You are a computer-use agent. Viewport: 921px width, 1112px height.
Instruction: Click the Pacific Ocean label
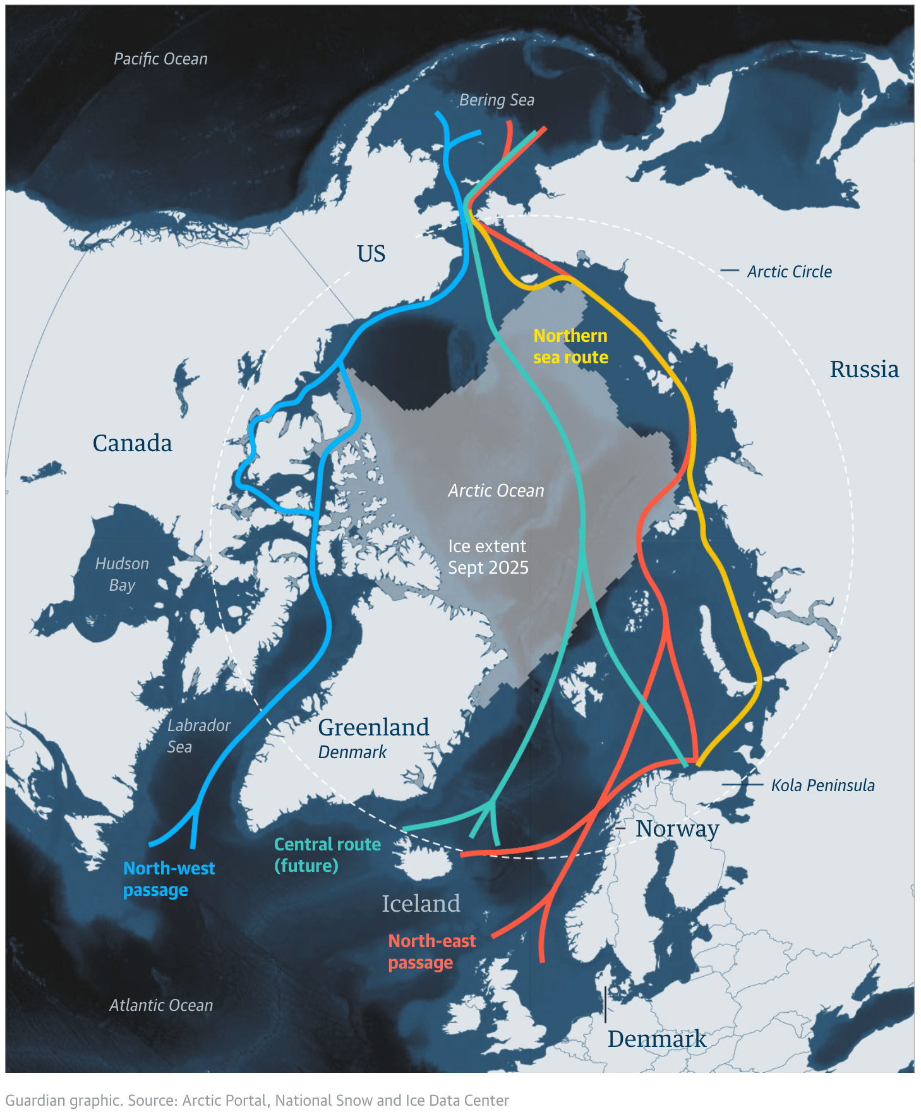pyautogui.click(x=160, y=59)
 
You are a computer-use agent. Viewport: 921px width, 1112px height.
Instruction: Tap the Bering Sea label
pyautogui.click(x=497, y=100)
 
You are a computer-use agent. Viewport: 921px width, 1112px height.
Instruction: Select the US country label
pyautogui.click(x=371, y=253)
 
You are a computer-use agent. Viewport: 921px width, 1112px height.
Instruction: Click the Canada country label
pyautogui.click(x=132, y=443)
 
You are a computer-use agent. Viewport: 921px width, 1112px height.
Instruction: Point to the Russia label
pyautogui.click(x=864, y=369)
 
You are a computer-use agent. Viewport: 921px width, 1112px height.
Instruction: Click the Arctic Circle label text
pyautogui.click(x=789, y=272)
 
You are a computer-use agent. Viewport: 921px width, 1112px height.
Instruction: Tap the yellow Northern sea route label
pyautogui.click(x=570, y=346)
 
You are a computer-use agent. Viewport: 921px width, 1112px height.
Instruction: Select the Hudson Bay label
pyautogui.click(x=122, y=574)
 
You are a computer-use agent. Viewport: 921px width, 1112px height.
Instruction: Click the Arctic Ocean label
pyautogui.click(x=496, y=490)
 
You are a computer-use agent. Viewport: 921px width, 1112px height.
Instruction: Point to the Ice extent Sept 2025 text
pyautogui.click(x=488, y=557)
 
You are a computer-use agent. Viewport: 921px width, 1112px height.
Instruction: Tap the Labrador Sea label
pyautogui.click(x=198, y=735)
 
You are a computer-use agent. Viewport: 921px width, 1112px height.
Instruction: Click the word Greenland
pyautogui.click(x=373, y=727)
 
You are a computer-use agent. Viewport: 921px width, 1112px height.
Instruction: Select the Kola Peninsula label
pyautogui.click(x=822, y=785)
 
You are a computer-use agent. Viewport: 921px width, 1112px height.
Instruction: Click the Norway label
pyautogui.click(x=677, y=828)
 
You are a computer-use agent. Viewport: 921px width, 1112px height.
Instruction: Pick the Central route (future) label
pyautogui.click(x=327, y=854)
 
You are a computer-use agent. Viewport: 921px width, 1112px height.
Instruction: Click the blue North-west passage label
pyautogui.click(x=169, y=879)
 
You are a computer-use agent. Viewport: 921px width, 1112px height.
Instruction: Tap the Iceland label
pyautogui.click(x=421, y=903)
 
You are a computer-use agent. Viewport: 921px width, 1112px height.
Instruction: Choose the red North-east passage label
pyautogui.click(x=431, y=952)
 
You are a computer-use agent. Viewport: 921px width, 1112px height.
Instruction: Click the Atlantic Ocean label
pyautogui.click(x=161, y=1005)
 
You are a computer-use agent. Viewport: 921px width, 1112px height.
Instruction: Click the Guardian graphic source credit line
pyautogui.click(x=256, y=1100)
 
